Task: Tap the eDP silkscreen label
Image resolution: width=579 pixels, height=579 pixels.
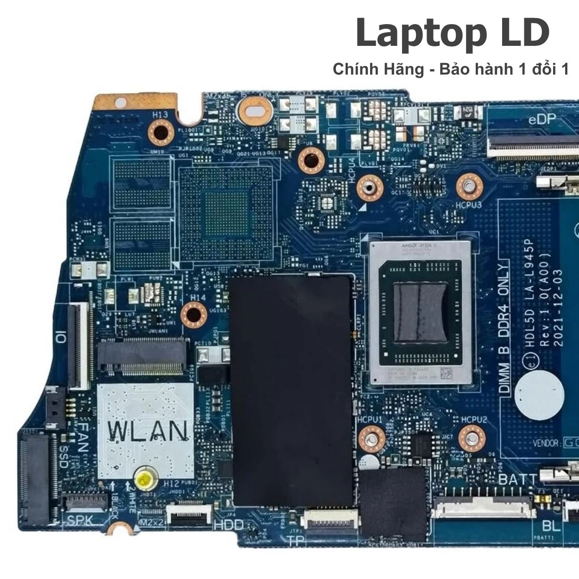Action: (542, 120)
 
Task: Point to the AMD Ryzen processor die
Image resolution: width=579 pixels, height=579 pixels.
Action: (420, 313)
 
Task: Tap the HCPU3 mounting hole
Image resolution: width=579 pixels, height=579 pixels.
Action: (470, 187)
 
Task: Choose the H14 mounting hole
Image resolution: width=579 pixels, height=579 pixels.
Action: (193, 315)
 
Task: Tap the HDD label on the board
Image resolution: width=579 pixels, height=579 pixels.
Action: (228, 525)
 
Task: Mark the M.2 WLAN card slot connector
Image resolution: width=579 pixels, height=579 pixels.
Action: (143, 356)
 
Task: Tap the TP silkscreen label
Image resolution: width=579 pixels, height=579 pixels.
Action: (295, 540)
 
